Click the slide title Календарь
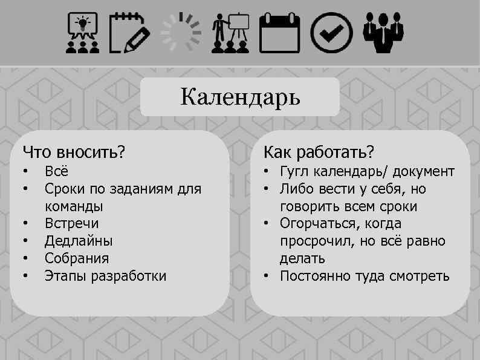240,97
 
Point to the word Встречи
71,224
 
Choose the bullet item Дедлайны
78,241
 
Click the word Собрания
77,259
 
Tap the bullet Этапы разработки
105,277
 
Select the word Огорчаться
314,224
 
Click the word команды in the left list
74,206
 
